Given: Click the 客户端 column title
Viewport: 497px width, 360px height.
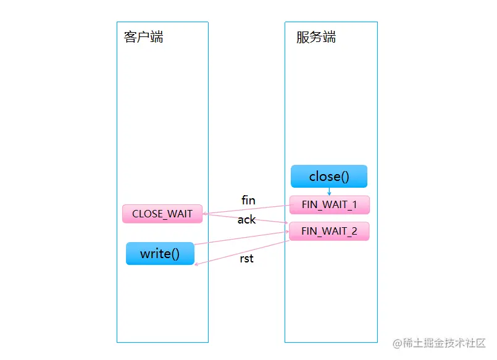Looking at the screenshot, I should click(x=143, y=37).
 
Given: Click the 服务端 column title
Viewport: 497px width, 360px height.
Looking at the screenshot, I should click(x=316, y=37).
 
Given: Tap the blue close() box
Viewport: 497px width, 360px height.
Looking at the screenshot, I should click(x=329, y=177).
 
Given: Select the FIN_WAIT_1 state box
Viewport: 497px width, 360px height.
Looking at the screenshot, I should click(x=329, y=204).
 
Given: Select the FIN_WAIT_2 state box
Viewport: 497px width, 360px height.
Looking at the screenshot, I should click(x=329, y=232).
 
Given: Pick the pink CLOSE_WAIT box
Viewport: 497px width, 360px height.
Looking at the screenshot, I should click(x=162, y=214).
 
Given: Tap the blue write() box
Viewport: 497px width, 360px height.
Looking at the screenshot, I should click(x=160, y=254).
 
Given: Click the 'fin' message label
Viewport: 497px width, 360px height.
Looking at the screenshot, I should click(x=248, y=201).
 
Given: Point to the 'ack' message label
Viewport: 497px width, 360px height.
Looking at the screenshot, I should click(x=246, y=220).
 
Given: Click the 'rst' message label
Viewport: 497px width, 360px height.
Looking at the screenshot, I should click(x=246, y=259).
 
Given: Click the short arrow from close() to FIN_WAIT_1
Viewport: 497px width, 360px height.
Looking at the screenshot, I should click(x=329, y=191).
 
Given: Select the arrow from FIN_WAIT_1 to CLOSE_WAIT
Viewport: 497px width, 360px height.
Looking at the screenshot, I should click(x=247, y=209).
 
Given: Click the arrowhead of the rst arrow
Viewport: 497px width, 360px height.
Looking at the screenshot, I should click(x=196, y=265).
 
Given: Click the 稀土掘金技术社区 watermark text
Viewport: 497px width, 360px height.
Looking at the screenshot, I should click(x=445, y=343).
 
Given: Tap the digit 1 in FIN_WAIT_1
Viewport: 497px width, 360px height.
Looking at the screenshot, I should click(x=354, y=204).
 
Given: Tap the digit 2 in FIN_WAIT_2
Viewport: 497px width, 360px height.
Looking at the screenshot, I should click(x=354, y=232).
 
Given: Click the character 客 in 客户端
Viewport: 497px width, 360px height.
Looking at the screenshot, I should click(x=130, y=37).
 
